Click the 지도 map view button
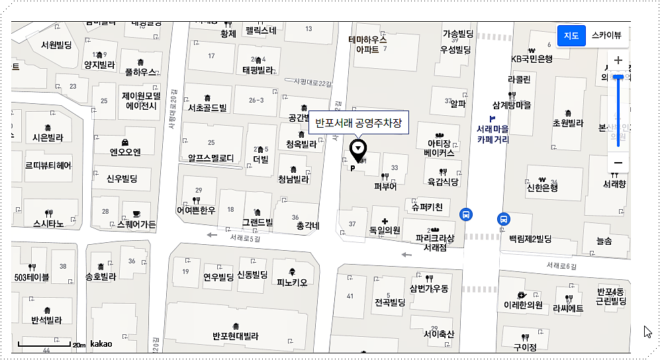point(571,35)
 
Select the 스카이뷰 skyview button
point(606,35)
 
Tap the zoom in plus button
point(618,60)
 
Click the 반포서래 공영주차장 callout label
point(359,122)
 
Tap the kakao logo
point(101,344)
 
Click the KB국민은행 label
point(531,59)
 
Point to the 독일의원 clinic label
point(385,230)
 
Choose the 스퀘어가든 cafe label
point(136,224)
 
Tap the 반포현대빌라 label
point(235,336)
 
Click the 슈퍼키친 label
point(431,208)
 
